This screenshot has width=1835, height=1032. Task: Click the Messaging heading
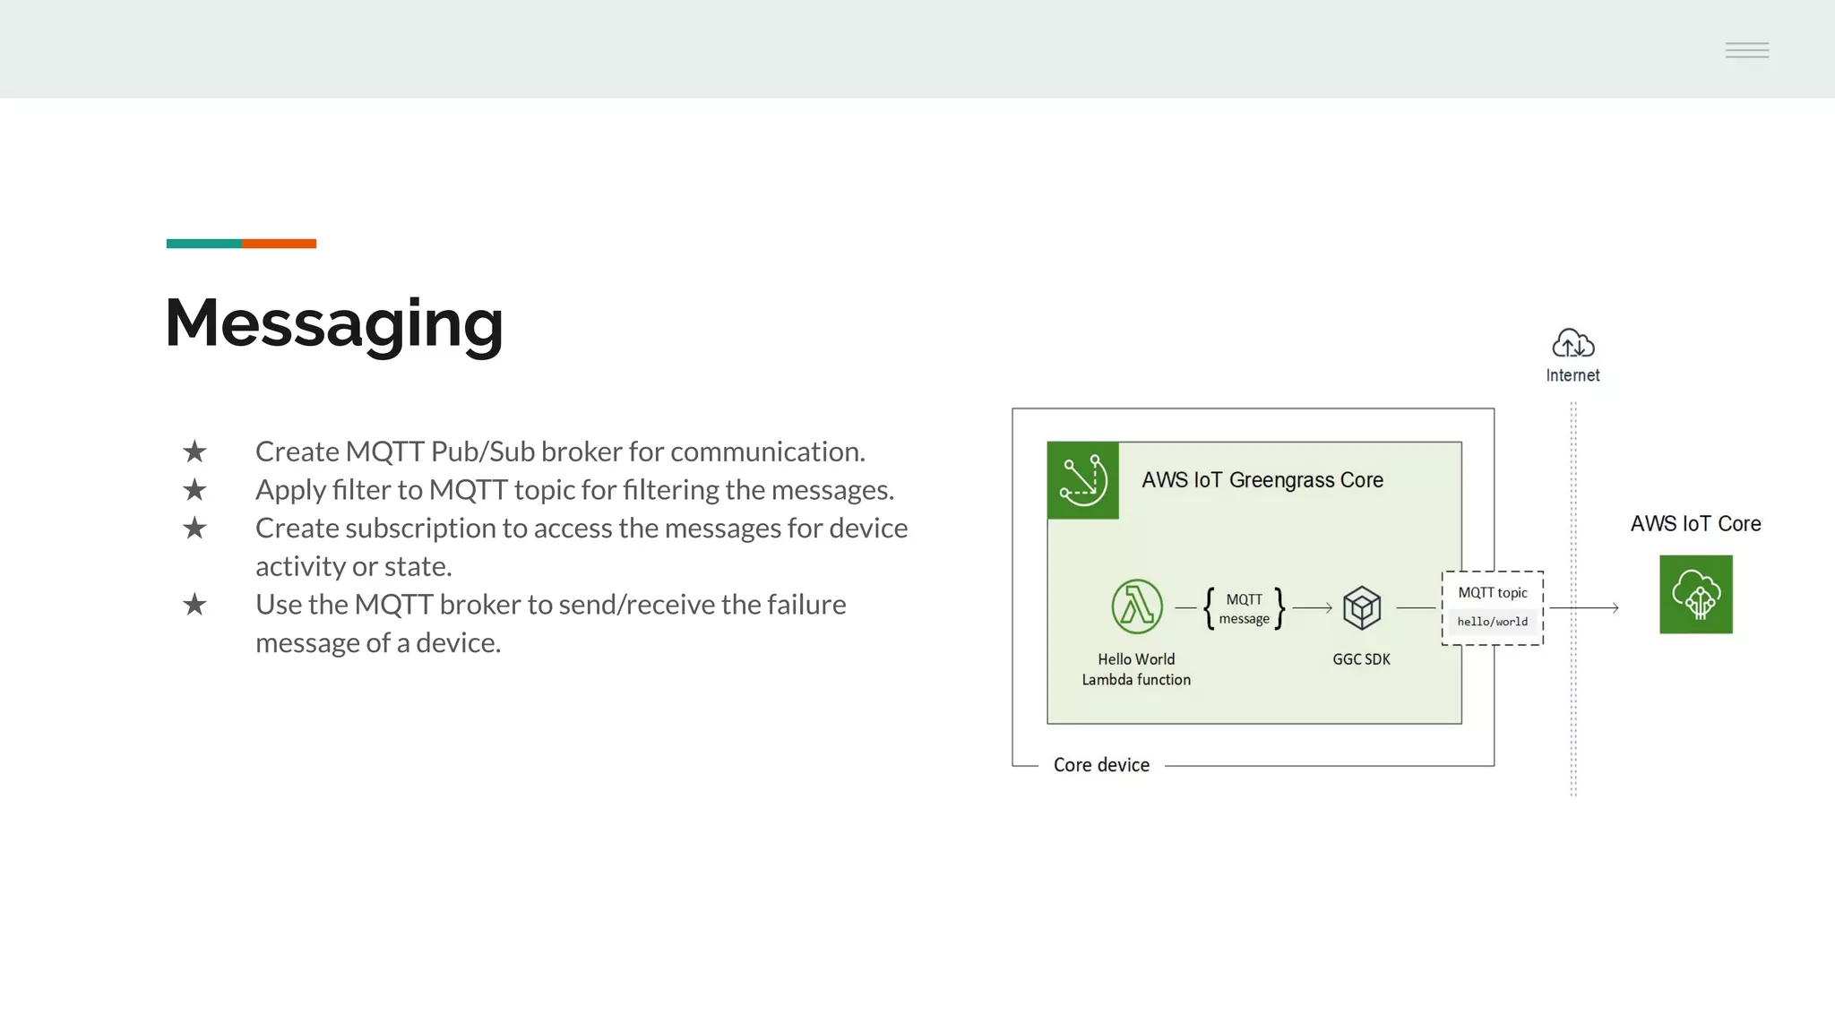pyautogui.click(x=333, y=323)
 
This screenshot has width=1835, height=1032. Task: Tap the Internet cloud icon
pyautogui.click(x=1572, y=343)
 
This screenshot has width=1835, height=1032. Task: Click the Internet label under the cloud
pyautogui.click(x=1572, y=375)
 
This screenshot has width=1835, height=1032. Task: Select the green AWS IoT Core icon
pyautogui.click(x=1695, y=594)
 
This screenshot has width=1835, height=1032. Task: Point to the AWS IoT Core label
pyautogui.click(x=1695, y=524)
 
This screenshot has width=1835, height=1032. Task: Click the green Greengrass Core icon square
pyautogui.click(x=1082, y=480)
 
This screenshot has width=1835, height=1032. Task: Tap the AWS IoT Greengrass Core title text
pyautogui.click(x=1262, y=480)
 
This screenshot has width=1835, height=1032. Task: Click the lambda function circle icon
pyautogui.click(x=1137, y=606)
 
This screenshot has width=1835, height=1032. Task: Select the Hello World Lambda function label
pyautogui.click(x=1136, y=669)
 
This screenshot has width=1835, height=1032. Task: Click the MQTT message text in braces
pyautogui.click(x=1244, y=609)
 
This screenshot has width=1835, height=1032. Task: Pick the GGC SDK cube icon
pyautogui.click(x=1362, y=607)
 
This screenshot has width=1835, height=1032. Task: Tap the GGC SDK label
pyautogui.click(x=1361, y=659)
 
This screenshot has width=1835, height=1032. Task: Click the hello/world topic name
pyautogui.click(x=1492, y=622)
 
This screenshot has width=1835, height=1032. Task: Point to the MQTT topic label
pyautogui.click(x=1492, y=592)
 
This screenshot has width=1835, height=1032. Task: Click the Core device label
pyautogui.click(x=1101, y=765)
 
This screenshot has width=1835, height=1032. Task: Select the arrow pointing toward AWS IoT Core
pyautogui.click(x=1584, y=608)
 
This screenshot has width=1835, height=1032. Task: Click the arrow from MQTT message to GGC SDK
pyautogui.click(x=1313, y=608)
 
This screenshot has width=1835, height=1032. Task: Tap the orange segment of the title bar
pyautogui.click(x=279, y=244)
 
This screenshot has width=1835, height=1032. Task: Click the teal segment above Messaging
pyautogui.click(x=203, y=244)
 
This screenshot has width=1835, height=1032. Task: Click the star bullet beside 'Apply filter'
pyautogui.click(x=194, y=490)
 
